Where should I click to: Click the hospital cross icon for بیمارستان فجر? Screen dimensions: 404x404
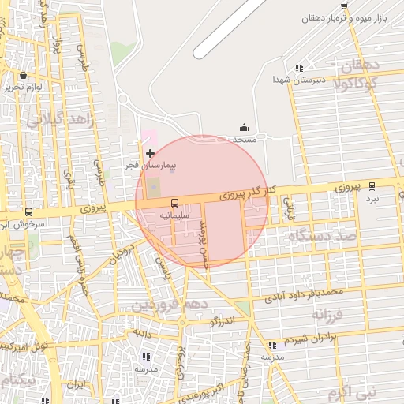pyautogui.click(x=151, y=151)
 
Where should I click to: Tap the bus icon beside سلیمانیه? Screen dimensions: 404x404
pyautogui.click(x=174, y=203)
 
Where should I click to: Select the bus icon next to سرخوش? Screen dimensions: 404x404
pyautogui.click(x=29, y=211)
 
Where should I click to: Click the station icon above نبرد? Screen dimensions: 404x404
pyautogui.click(x=372, y=186)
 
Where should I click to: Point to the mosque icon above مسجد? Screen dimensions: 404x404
pyautogui.click(x=244, y=127)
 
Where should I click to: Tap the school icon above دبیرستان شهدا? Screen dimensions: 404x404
pyautogui.click(x=298, y=68)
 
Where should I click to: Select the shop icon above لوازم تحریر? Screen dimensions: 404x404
pyautogui.click(x=22, y=75)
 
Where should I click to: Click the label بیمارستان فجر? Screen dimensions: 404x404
pyautogui.click(x=150, y=167)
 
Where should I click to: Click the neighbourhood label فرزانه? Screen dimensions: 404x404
pyautogui.click(x=328, y=314)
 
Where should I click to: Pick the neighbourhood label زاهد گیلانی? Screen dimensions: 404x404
pyautogui.click(x=60, y=119)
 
